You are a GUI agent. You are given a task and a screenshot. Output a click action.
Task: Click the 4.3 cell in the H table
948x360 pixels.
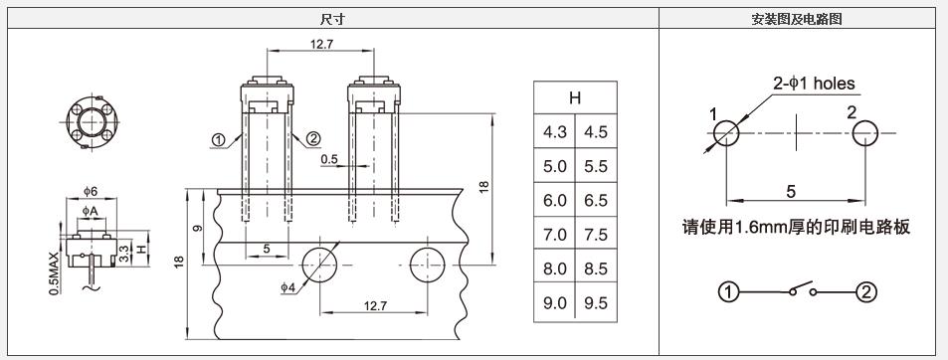(x=555, y=131)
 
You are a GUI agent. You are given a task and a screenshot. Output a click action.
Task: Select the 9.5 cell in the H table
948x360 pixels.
(x=596, y=302)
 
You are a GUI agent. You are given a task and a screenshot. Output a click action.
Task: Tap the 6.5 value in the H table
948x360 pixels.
(x=596, y=200)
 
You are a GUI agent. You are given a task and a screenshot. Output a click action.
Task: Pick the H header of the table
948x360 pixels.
(x=575, y=97)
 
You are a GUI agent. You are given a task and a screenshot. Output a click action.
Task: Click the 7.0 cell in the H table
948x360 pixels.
(x=555, y=235)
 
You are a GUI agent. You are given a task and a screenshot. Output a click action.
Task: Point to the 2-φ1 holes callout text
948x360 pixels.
(x=815, y=84)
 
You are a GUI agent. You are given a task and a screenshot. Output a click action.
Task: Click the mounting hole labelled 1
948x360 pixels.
(x=726, y=133)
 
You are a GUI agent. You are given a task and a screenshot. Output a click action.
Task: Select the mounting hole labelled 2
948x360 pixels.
(x=865, y=133)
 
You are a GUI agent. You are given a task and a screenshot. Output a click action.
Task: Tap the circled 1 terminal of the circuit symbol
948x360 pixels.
(x=728, y=293)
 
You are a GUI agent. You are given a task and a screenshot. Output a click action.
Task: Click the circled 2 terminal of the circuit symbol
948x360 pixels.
(x=865, y=293)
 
